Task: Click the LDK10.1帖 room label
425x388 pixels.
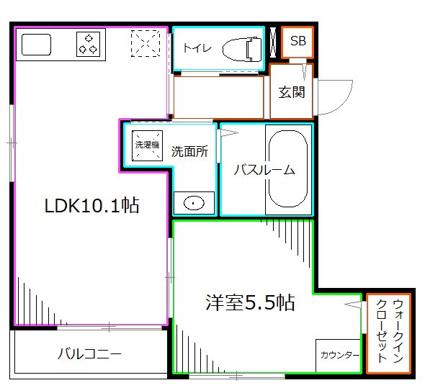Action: (x=91, y=206)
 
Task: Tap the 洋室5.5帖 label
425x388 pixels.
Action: (x=250, y=302)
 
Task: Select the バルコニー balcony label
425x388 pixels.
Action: (x=89, y=353)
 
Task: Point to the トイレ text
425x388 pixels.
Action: (x=196, y=48)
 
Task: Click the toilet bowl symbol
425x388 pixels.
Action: (x=241, y=48)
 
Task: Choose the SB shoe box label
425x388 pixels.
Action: (x=297, y=42)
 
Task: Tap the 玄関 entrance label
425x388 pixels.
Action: (x=292, y=92)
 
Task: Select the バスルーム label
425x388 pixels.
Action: (x=265, y=170)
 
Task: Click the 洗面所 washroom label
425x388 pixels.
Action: (x=189, y=152)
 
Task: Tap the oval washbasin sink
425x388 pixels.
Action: (x=194, y=203)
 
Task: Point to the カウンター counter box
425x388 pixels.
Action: (x=338, y=356)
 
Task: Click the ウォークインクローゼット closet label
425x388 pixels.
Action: (x=388, y=333)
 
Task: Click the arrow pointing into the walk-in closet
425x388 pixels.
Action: (x=353, y=306)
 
